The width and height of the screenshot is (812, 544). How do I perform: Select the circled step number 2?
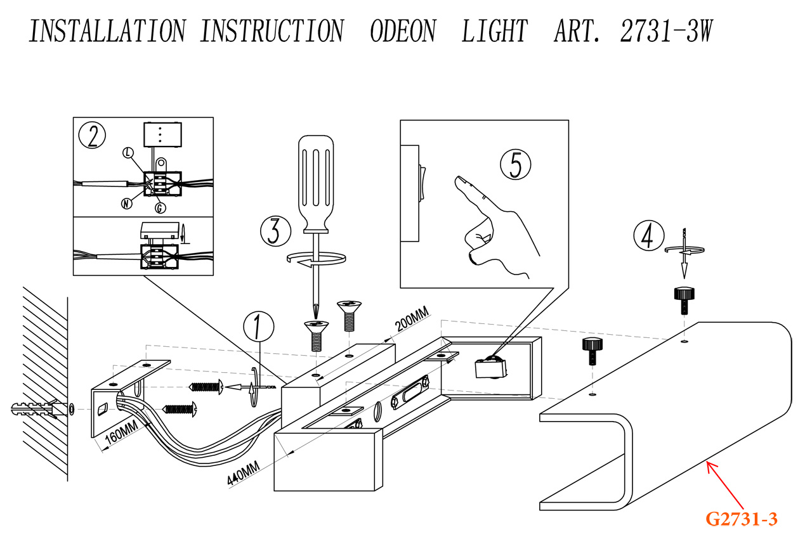92,136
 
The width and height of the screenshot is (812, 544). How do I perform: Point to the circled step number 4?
648,236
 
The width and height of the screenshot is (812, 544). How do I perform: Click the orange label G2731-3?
741,519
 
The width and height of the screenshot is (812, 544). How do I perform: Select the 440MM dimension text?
244,473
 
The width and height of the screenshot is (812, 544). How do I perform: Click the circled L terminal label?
129,153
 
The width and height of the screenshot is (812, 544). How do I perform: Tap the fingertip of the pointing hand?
458,182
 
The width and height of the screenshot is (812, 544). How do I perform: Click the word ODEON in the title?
402,30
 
